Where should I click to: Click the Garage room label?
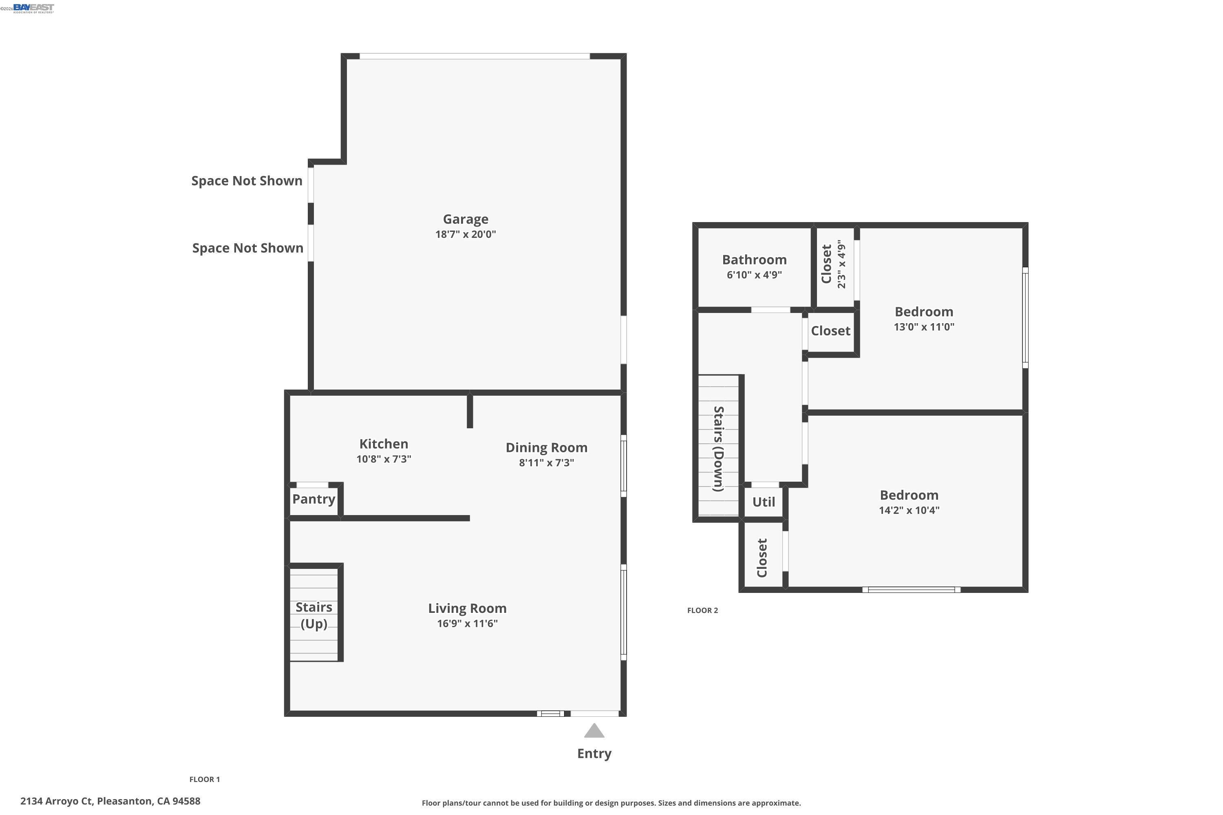[466, 219]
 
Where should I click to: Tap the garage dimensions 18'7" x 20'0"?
[466, 234]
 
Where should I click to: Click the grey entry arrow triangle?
[594, 731]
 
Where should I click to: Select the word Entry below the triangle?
[594, 753]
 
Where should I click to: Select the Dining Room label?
[547, 447]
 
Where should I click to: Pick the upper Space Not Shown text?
[247, 181]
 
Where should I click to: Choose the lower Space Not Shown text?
[247, 248]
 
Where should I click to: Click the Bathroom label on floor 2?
[754, 260]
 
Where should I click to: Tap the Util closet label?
[763, 502]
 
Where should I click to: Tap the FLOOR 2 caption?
[702, 610]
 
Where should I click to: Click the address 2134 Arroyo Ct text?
[110, 801]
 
